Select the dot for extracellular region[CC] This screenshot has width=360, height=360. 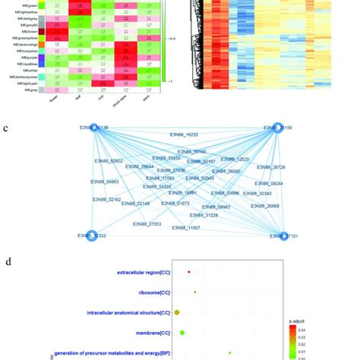tap(188, 272)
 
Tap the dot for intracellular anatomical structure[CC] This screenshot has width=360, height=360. tap(177, 312)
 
